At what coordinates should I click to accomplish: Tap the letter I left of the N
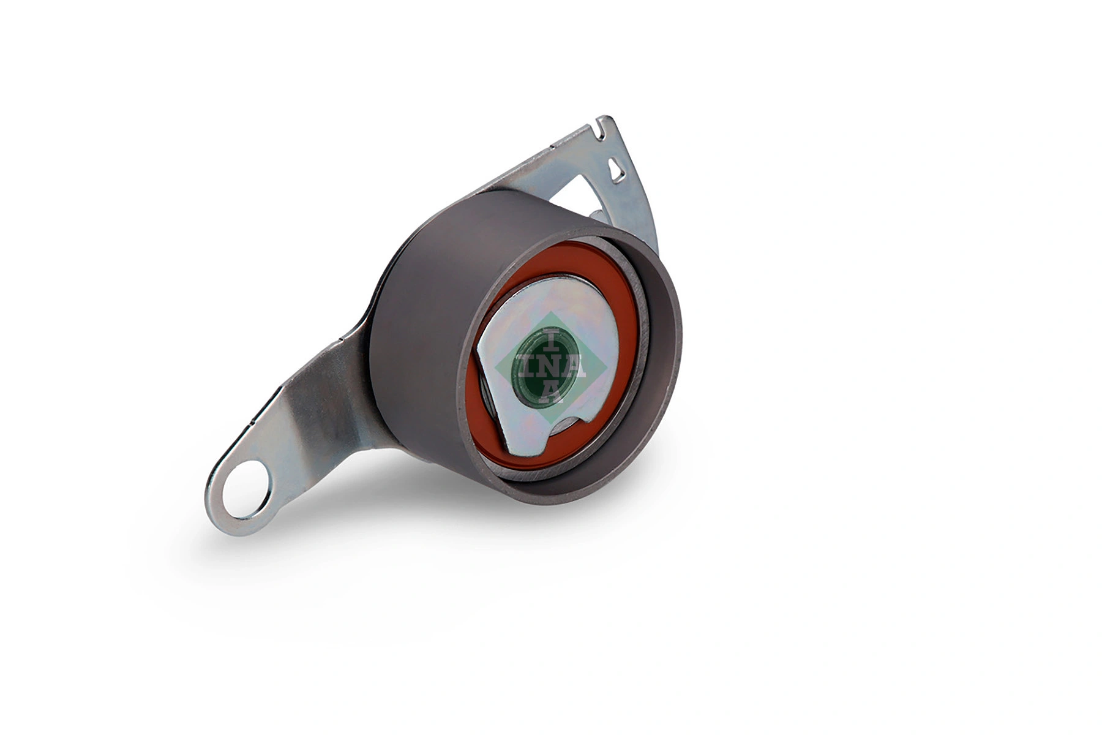[522, 367]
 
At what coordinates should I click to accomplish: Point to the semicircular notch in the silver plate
[566, 423]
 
